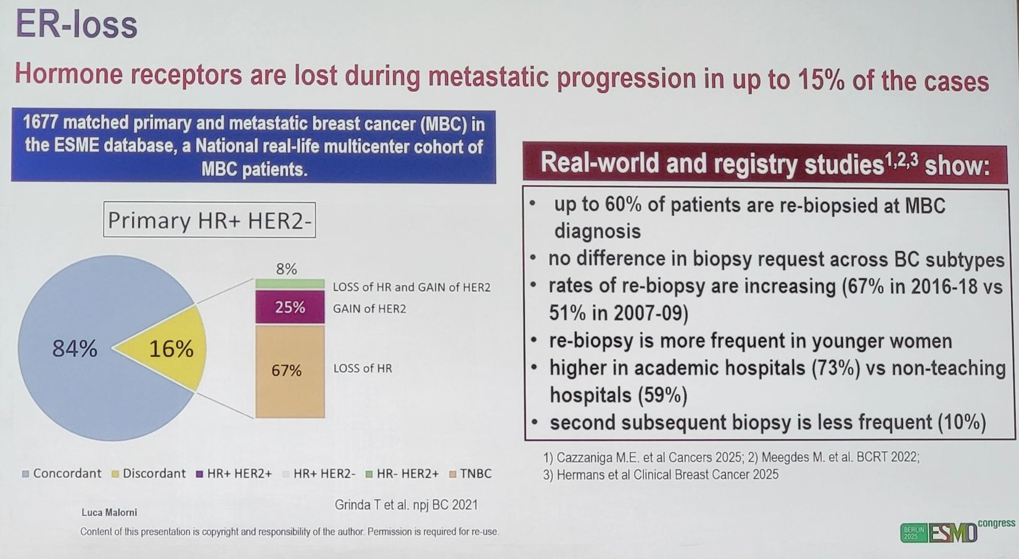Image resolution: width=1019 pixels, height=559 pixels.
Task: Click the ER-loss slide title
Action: (76, 25)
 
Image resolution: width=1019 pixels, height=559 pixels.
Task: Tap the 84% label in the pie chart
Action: (75, 349)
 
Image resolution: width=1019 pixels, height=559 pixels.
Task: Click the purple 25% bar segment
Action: (290, 307)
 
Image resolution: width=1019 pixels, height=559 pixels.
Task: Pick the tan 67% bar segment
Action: (290, 371)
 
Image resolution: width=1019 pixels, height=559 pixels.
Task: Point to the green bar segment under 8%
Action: (290, 284)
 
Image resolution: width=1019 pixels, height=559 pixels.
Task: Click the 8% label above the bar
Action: (286, 269)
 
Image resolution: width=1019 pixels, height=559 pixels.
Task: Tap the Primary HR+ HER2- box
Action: (209, 220)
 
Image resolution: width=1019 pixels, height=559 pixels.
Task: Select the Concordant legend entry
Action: (61, 474)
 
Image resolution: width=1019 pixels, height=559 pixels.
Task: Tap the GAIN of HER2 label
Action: (369, 309)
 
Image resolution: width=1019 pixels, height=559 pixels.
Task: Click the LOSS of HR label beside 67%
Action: (363, 369)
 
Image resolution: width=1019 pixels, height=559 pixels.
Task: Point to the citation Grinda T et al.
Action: (406, 505)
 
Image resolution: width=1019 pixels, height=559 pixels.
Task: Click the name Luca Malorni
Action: (109, 513)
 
